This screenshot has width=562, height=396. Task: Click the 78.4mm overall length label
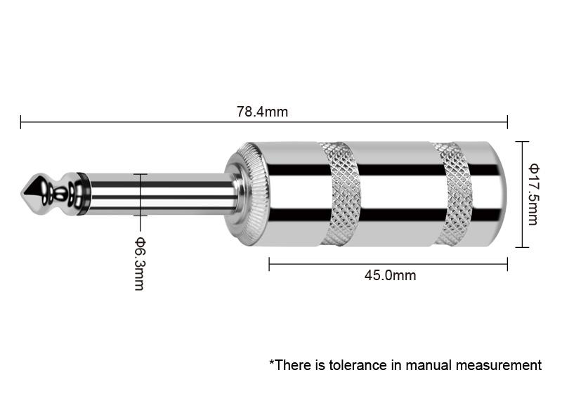pyautogui.click(x=262, y=112)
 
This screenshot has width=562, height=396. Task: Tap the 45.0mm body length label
pyautogui.click(x=391, y=276)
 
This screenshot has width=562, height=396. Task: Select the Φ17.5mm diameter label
pyautogui.click(x=533, y=194)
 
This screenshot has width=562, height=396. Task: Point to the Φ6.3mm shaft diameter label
pyautogui.click(x=139, y=263)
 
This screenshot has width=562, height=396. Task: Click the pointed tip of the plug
pyautogui.click(x=22, y=194)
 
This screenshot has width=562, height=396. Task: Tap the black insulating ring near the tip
pyautogui.click(x=82, y=194)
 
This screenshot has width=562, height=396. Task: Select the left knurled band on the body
pyautogui.click(x=340, y=194)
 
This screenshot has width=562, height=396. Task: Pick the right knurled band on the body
pyautogui.click(x=453, y=194)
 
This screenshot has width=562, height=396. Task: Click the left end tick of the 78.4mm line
pyautogui.click(x=21, y=122)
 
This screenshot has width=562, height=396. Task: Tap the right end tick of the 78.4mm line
pyautogui.click(x=507, y=122)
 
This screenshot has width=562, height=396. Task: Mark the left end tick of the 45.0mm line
pyautogui.click(x=269, y=264)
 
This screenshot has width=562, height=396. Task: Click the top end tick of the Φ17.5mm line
pyautogui.click(x=522, y=142)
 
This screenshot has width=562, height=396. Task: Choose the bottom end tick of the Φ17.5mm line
pyautogui.click(x=522, y=247)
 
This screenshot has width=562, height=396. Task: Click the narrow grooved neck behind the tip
pyautogui.click(x=60, y=194)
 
